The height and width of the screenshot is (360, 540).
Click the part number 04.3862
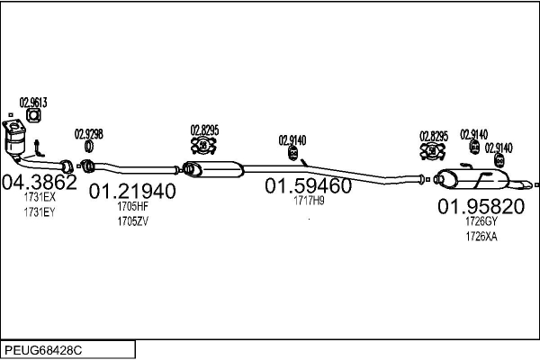click(x=40, y=182)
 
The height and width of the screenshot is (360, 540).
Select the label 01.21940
click(x=132, y=191)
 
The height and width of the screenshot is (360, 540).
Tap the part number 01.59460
click(x=308, y=185)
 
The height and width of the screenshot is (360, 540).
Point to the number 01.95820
click(x=481, y=206)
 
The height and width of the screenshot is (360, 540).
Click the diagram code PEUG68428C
click(x=43, y=350)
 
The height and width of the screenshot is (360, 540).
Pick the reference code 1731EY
click(x=40, y=212)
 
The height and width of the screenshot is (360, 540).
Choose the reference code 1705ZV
click(x=132, y=221)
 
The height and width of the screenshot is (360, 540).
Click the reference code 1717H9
click(x=309, y=201)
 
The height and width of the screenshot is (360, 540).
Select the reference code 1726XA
click(x=481, y=237)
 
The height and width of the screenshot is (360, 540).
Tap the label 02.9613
click(x=33, y=103)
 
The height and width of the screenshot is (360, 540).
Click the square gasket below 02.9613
click(x=33, y=115)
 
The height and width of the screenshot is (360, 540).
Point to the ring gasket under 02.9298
click(x=89, y=147)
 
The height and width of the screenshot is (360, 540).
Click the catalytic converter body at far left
click(x=14, y=139)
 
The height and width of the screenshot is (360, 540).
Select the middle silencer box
click(x=212, y=169)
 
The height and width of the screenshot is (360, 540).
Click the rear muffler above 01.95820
click(x=473, y=179)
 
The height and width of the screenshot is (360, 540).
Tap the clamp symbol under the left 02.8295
click(x=203, y=146)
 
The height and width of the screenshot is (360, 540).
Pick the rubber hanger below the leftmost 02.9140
click(x=293, y=153)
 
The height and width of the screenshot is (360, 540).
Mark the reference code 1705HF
click(x=132, y=206)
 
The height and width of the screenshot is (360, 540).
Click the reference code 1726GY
click(x=481, y=220)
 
